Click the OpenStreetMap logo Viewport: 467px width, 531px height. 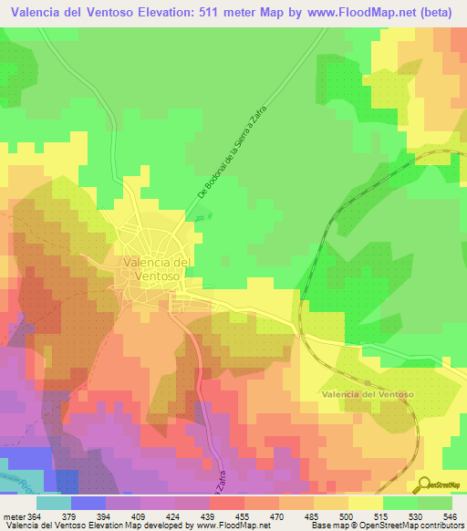[x=441, y=484]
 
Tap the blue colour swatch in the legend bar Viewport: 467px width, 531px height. [x=88, y=503]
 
